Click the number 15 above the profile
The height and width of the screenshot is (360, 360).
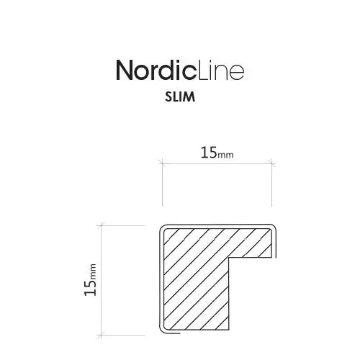click(208, 153)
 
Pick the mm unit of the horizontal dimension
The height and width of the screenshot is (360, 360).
click(225, 155)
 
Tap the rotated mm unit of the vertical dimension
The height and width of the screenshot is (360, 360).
click(92, 271)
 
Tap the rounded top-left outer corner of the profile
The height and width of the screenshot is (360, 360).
click(163, 230)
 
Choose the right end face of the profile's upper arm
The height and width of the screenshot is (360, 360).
click(274, 243)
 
